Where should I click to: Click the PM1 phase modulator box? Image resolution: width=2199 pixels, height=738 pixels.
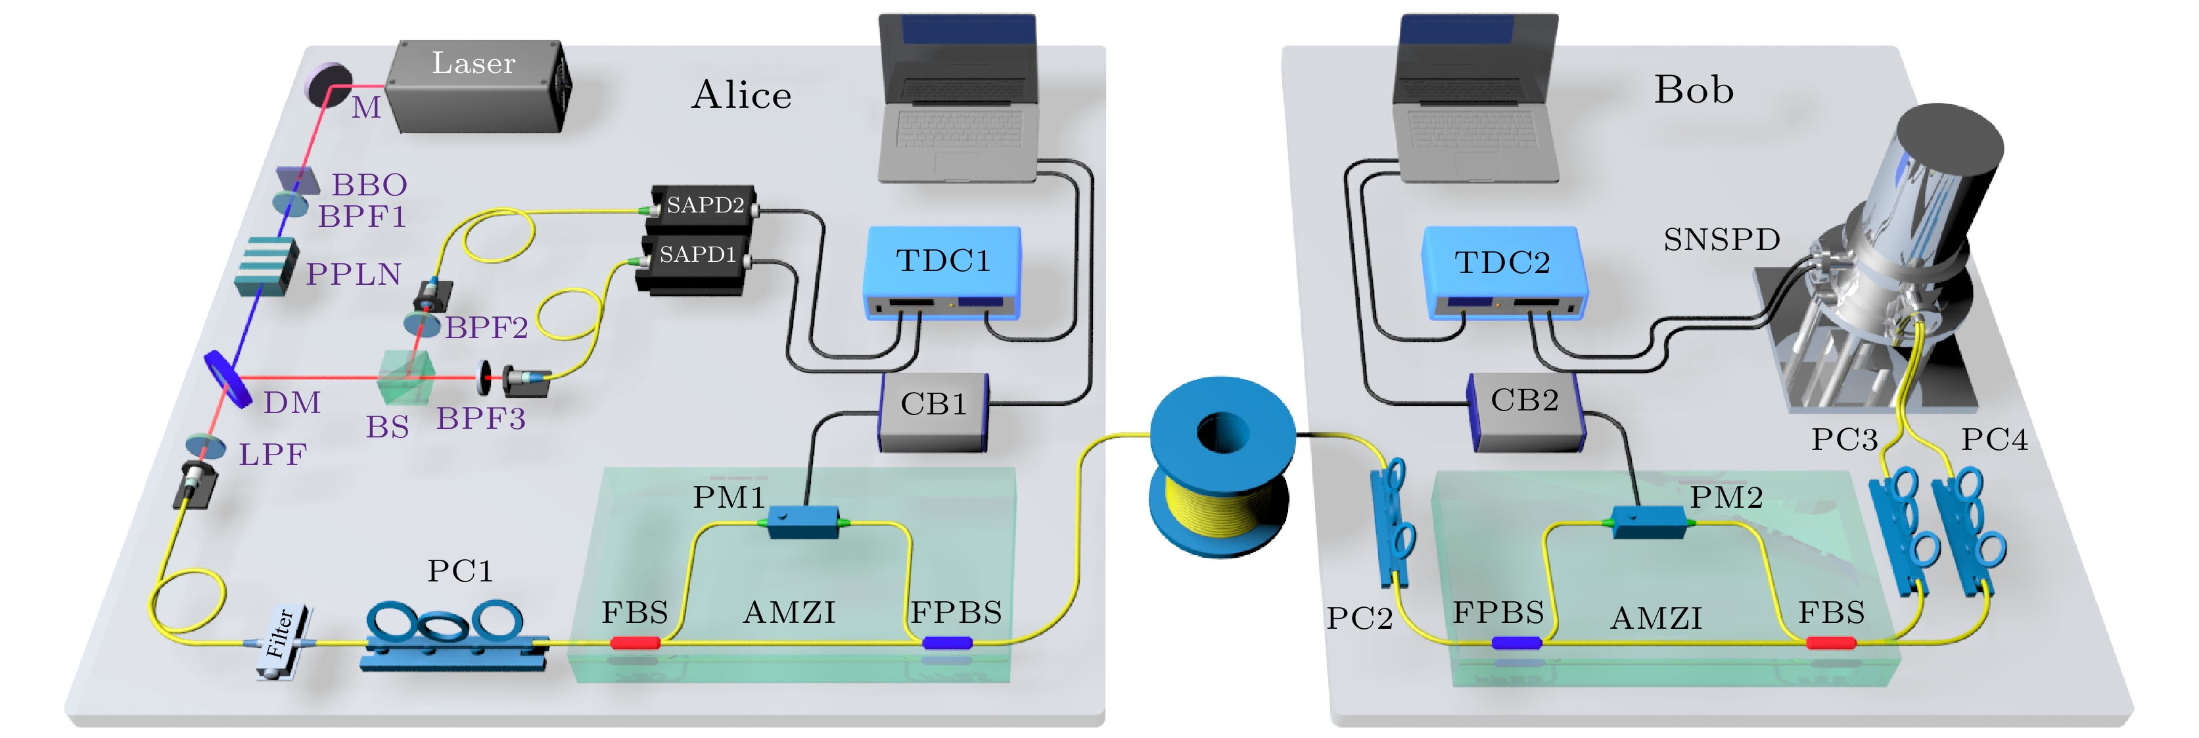tap(802, 520)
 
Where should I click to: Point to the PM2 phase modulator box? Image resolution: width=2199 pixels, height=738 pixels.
tap(1648, 521)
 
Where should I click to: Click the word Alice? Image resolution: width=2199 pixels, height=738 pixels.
tap(741, 95)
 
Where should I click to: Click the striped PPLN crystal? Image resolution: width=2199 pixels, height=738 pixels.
tap(266, 266)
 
